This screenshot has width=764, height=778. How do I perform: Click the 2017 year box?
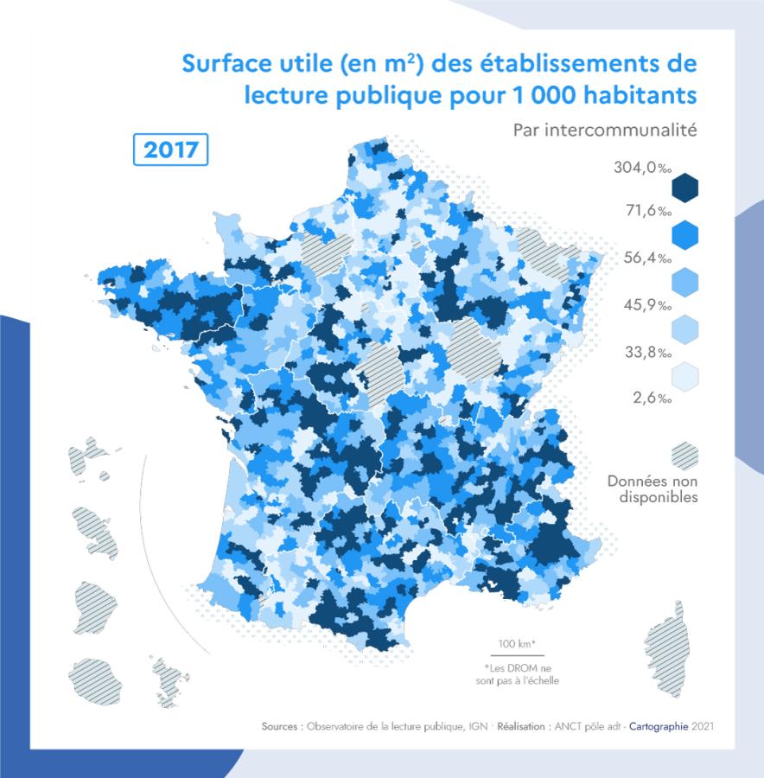pos(171,150)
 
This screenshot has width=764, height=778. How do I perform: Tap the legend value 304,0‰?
pos(642,168)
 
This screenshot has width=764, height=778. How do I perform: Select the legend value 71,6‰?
pos(642,211)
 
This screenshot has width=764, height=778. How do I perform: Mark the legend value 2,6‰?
pos(652,399)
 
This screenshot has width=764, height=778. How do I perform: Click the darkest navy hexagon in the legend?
pos(684,188)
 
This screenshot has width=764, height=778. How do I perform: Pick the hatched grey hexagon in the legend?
pos(684,455)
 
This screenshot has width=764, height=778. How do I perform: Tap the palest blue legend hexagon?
pos(684,376)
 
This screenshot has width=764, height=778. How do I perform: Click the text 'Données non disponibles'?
pos(652,488)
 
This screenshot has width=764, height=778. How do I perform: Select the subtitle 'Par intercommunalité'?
pos(604,131)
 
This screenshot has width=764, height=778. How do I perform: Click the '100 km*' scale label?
pos(517,644)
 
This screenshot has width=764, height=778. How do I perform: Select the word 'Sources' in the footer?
pos(281,727)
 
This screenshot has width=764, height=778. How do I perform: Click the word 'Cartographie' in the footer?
pos(659,727)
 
